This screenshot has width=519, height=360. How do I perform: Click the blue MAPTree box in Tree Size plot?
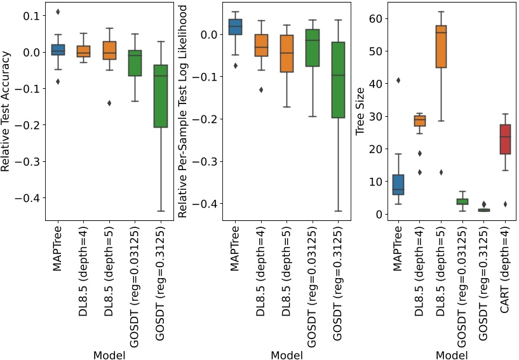[x=398, y=184]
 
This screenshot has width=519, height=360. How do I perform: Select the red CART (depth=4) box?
[x=506, y=139]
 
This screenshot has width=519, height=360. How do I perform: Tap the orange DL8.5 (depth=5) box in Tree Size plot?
[x=441, y=50]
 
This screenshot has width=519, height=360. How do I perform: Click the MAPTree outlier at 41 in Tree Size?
[x=398, y=80]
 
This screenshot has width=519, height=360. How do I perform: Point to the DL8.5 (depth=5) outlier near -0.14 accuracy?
[x=109, y=103]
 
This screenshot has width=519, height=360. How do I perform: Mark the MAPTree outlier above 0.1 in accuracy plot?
[x=58, y=11]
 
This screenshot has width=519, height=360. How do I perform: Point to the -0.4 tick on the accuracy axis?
[x=21, y=198]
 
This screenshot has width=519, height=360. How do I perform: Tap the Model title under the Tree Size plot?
[x=452, y=355]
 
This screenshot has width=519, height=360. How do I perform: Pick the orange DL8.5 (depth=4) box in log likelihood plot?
[x=261, y=45]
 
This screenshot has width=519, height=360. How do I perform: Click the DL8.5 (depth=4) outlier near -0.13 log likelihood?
[x=261, y=90]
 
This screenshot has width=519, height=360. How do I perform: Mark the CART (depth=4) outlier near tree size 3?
[x=506, y=204]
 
